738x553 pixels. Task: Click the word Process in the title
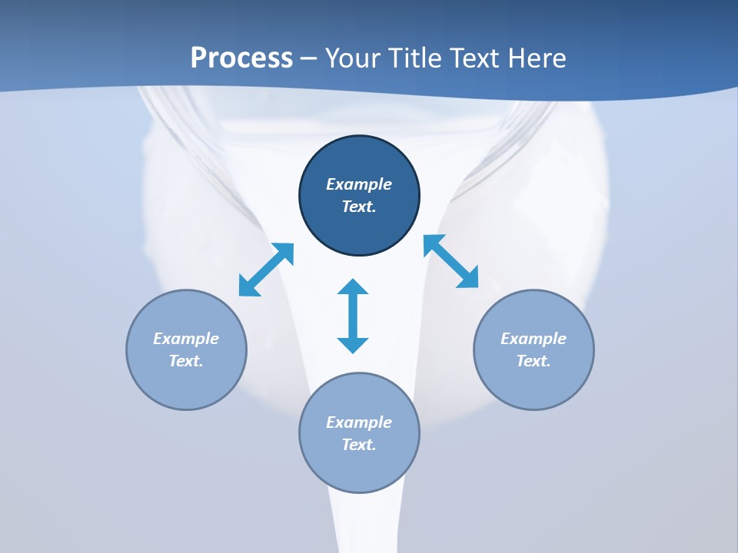pyautogui.click(x=241, y=58)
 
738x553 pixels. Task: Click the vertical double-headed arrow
pyautogui.click(x=353, y=316)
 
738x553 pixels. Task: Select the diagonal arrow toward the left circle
pyautogui.click(x=266, y=270)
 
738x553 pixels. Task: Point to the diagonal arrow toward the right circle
pyautogui.click(x=451, y=261)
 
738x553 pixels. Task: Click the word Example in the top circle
pyautogui.click(x=359, y=184)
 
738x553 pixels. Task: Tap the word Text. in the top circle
pyautogui.click(x=359, y=207)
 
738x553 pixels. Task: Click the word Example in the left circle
pyautogui.click(x=186, y=339)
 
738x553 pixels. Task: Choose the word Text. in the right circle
pyautogui.click(x=534, y=361)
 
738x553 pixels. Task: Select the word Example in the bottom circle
pyautogui.click(x=359, y=422)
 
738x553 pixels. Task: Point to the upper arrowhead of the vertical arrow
pyautogui.click(x=353, y=287)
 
